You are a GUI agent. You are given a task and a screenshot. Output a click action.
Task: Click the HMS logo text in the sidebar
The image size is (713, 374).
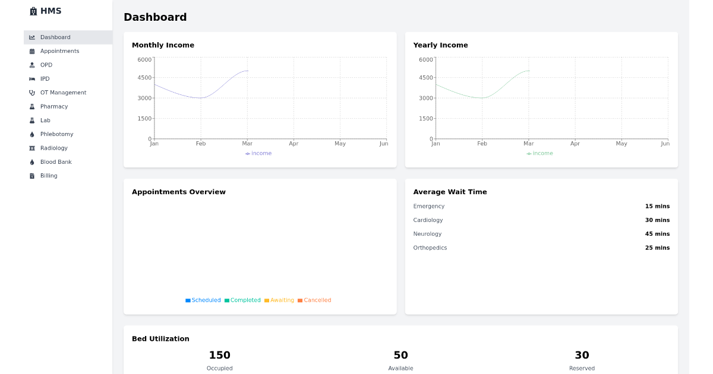click(51, 11)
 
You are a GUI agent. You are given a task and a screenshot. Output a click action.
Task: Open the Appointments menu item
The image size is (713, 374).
click(59, 51)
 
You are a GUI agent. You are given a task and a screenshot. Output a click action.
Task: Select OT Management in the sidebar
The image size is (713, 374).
click(63, 93)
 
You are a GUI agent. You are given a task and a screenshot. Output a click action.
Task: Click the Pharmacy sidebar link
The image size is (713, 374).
click(54, 107)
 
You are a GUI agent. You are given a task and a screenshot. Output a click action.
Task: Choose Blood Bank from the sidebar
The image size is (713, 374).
click(56, 162)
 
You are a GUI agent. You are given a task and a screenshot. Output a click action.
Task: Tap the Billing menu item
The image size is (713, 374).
click(49, 176)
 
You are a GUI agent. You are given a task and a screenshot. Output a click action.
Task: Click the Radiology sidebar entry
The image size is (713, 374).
click(54, 148)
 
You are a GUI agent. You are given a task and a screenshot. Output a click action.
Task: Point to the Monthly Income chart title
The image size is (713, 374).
click(163, 45)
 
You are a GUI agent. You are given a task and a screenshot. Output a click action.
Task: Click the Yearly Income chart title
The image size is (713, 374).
click(440, 45)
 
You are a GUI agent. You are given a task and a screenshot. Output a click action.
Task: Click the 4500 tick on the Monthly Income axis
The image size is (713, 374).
click(144, 78)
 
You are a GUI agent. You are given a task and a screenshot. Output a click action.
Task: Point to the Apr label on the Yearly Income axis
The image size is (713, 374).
click(575, 144)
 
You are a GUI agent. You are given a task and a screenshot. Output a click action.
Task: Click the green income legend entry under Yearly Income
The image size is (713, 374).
click(540, 153)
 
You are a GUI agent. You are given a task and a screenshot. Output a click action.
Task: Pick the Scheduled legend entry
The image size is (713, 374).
click(203, 300)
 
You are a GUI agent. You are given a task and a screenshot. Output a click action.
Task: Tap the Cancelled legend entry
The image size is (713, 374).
click(315, 300)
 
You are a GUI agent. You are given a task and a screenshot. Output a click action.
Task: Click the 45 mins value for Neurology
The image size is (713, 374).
click(657, 234)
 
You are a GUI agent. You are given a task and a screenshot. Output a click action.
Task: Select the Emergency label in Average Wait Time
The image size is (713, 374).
click(428, 207)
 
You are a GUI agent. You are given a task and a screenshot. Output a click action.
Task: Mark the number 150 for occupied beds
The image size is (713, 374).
click(219, 355)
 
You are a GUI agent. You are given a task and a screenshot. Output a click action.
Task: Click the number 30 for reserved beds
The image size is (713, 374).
click(582, 355)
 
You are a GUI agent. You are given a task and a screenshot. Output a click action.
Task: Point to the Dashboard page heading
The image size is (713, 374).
click(155, 17)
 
